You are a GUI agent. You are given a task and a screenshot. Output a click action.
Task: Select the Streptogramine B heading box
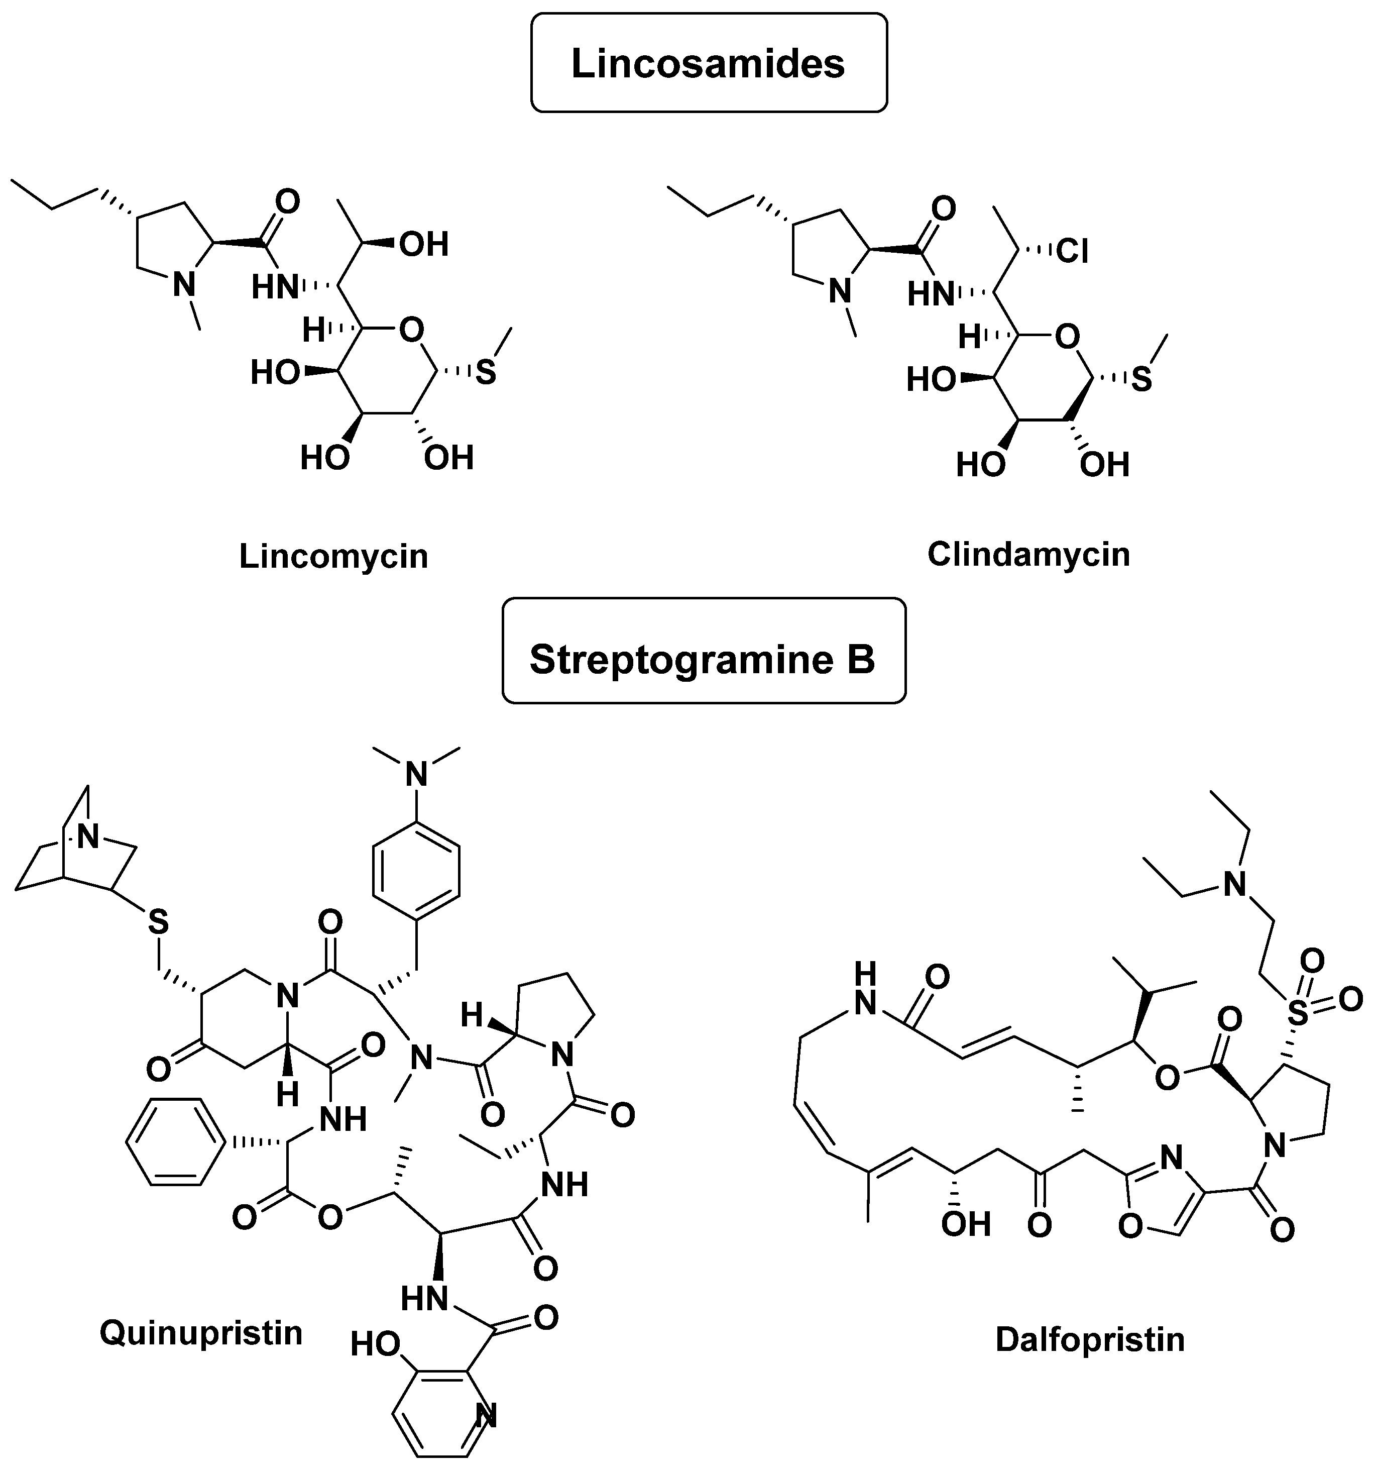[x=703, y=658]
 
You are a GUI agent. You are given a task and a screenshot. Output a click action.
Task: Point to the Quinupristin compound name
[x=201, y=1332]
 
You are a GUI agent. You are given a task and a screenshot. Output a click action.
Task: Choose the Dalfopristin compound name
[x=1089, y=1338]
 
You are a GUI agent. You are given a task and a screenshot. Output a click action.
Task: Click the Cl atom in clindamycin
[x=1073, y=251]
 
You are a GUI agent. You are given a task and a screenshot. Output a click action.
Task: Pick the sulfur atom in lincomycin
[x=485, y=372]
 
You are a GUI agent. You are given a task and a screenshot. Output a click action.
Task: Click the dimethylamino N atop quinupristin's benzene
[x=418, y=774]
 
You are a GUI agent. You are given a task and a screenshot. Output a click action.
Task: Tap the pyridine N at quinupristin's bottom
[x=486, y=1416]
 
